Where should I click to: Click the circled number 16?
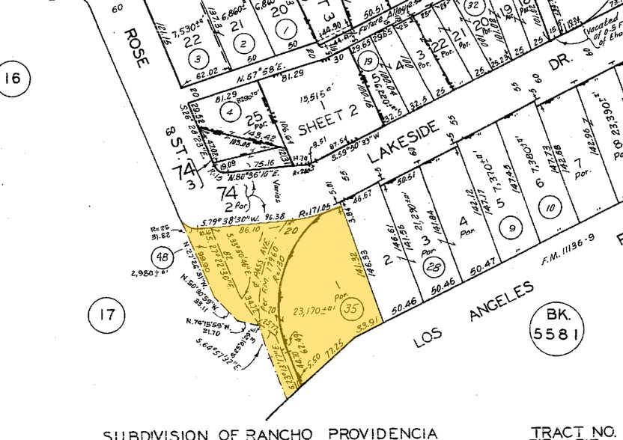(x=14, y=79)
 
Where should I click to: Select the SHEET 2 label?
(x=328, y=120)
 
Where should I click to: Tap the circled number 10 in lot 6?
(x=551, y=208)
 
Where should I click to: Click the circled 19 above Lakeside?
(x=368, y=64)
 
